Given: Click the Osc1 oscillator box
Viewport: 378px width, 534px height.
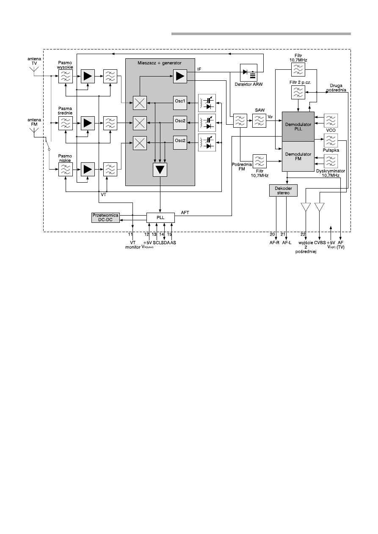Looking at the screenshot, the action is (x=180, y=103).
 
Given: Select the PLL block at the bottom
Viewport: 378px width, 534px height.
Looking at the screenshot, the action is (x=160, y=217).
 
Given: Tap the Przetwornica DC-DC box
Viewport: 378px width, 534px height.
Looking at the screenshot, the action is (x=105, y=217).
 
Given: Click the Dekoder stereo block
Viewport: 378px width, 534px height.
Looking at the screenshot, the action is (x=283, y=191).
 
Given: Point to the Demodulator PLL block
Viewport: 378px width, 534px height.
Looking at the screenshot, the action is (x=298, y=126).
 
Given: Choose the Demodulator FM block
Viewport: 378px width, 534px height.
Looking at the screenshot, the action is (x=298, y=156).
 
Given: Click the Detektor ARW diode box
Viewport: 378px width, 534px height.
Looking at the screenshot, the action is (x=248, y=72).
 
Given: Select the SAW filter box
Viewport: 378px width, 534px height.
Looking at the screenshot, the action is (x=259, y=120).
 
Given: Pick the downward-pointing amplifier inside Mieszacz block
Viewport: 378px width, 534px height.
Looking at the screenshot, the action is (x=160, y=170).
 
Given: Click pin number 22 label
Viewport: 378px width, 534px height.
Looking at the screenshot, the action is (x=303, y=234).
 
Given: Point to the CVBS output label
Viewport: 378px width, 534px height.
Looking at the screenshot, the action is (x=320, y=243).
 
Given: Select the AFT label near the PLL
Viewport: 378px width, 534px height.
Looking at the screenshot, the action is (x=185, y=213).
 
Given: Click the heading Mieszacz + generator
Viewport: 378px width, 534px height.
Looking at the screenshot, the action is (x=160, y=63).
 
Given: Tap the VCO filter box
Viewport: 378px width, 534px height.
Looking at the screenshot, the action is (x=331, y=120).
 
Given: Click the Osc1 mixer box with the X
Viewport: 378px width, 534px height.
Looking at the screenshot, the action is (x=140, y=103).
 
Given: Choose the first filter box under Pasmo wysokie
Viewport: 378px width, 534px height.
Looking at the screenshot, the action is (x=65, y=76).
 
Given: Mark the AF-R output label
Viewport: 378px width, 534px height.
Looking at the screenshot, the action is (x=274, y=243).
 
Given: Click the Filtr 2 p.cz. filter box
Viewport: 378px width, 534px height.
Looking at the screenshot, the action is (x=298, y=92).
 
